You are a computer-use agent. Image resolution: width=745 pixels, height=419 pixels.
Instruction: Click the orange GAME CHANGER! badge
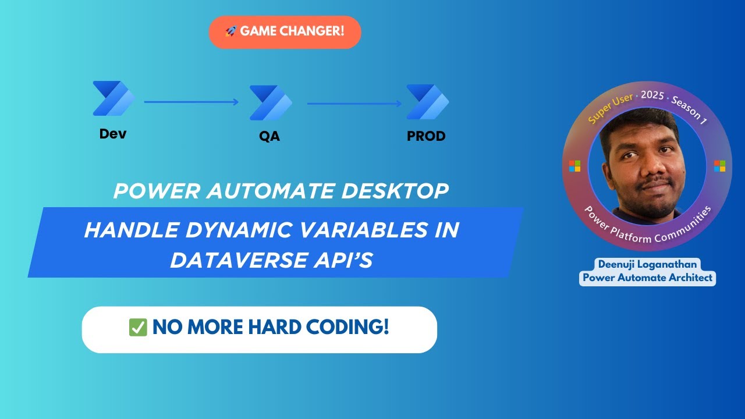[285, 32]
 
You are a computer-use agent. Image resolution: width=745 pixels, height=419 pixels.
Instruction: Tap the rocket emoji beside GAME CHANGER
[230, 31]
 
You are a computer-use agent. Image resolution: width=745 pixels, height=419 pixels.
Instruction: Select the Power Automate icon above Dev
[113, 98]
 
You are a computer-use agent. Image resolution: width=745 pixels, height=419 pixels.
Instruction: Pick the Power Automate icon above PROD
[427, 102]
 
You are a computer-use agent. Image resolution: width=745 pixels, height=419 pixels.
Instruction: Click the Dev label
[113, 134]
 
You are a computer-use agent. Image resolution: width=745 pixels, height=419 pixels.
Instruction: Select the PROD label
[426, 137]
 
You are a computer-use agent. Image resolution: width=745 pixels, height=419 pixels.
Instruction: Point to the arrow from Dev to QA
[191, 102]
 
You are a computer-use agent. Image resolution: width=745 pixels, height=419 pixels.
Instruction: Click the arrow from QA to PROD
[354, 104]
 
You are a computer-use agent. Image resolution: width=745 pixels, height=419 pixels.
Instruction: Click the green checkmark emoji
[138, 328]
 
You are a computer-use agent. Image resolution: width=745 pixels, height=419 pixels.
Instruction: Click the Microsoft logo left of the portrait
[575, 166]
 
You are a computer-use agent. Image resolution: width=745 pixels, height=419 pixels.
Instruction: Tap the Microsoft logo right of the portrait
[719, 166]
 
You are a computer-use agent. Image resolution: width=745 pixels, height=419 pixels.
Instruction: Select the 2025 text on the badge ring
[652, 95]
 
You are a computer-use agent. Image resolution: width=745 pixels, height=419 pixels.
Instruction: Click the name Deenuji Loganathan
[648, 264]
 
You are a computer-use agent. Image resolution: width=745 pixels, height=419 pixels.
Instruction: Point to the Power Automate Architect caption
[648, 278]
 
